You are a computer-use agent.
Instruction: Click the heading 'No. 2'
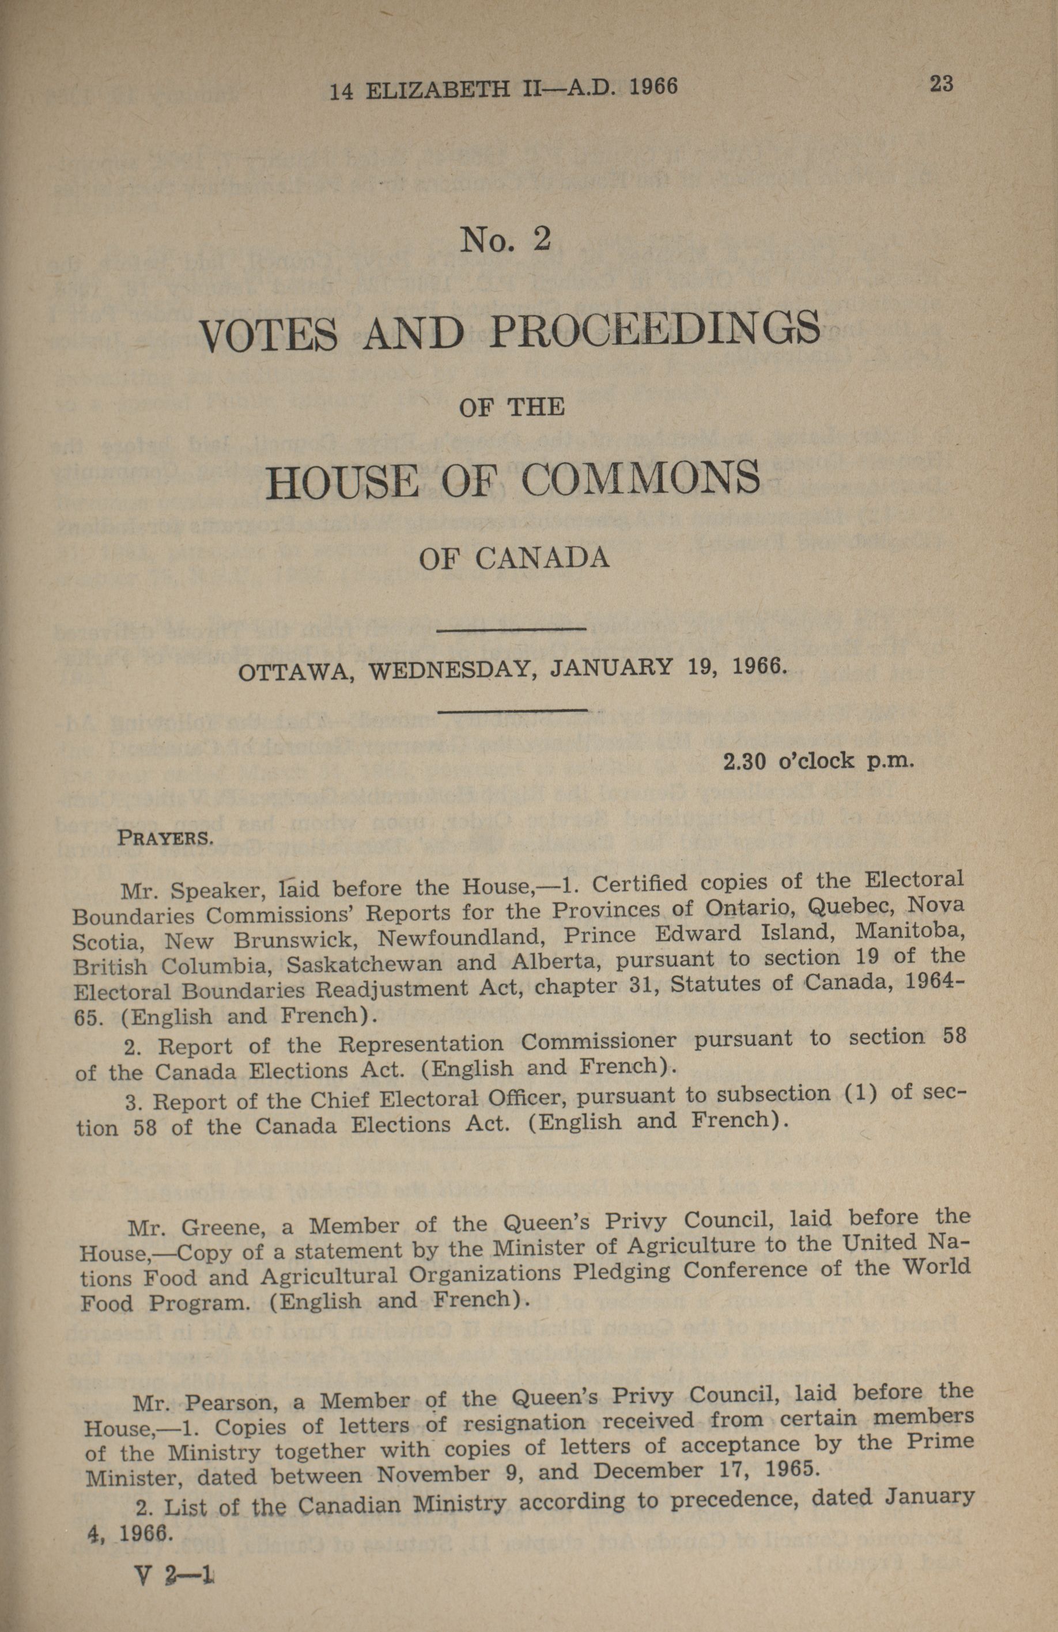[x=506, y=240]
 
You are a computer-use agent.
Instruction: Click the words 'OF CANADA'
[x=514, y=558]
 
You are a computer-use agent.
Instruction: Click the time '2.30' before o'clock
[x=745, y=761]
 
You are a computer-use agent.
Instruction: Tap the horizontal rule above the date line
[x=511, y=629]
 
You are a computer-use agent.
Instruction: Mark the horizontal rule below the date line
[x=512, y=711]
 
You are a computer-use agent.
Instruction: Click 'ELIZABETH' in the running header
[x=440, y=89]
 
